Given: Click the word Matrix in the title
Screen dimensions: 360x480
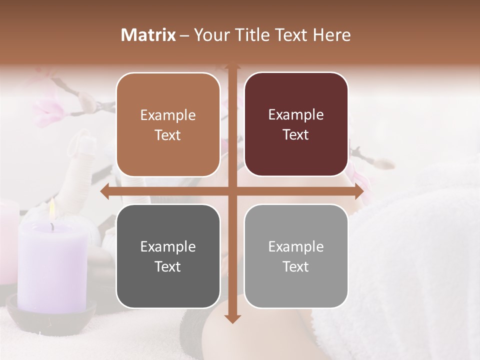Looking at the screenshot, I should (x=148, y=35).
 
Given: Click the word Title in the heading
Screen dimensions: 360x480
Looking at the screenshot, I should (x=248, y=35).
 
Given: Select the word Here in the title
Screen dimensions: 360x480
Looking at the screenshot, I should (x=331, y=35).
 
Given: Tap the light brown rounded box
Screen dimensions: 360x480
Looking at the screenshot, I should (x=168, y=124).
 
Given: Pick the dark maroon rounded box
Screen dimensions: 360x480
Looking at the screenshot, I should (x=296, y=124).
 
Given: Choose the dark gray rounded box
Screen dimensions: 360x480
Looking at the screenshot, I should (x=168, y=256).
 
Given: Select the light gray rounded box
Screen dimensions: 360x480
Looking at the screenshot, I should (x=296, y=256).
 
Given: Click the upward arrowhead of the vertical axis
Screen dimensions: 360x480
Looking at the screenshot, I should (x=232, y=66).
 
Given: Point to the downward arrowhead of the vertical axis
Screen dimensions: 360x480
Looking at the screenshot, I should (x=232, y=318).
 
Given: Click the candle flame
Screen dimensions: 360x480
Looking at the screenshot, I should (x=52, y=210).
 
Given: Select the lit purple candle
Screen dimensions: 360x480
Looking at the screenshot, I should (x=52, y=265).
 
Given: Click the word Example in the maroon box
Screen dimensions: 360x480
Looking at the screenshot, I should (x=296, y=114).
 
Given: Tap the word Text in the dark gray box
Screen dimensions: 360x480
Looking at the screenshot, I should (x=168, y=266).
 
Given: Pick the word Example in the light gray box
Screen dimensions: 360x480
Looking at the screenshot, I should (x=296, y=246).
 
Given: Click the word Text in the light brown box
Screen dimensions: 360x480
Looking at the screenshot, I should (x=168, y=135).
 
